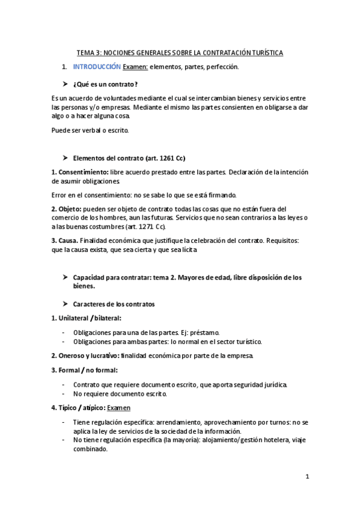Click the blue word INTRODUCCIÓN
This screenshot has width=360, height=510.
(x=96, y=67)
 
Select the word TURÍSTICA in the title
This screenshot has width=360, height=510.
(x=263, y=53)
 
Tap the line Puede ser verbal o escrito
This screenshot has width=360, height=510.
(x=90, y=130)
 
